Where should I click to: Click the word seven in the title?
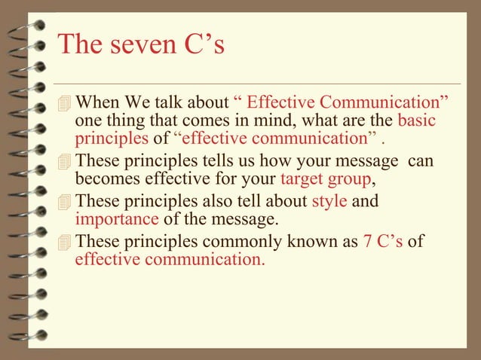click(136, 45)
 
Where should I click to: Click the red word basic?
click(416, 121)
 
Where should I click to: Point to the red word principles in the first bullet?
click(112, 139)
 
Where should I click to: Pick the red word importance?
click(117, 220)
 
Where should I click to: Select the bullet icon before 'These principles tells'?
click(65, 162)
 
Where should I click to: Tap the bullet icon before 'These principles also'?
click(65, 203)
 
